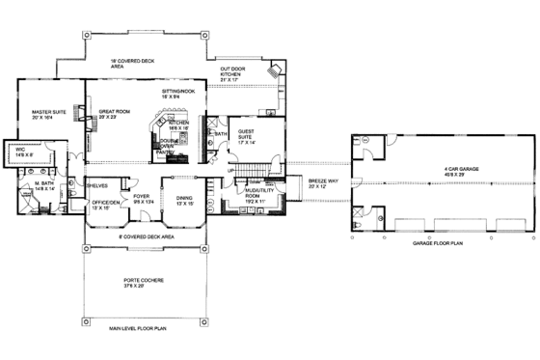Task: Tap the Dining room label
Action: click(184, 200)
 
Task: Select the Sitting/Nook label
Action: click(178, 94)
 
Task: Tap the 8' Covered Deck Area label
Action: click(145, 236)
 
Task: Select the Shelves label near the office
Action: click(97, 186)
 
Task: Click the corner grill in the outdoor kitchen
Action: click(277, 71)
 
